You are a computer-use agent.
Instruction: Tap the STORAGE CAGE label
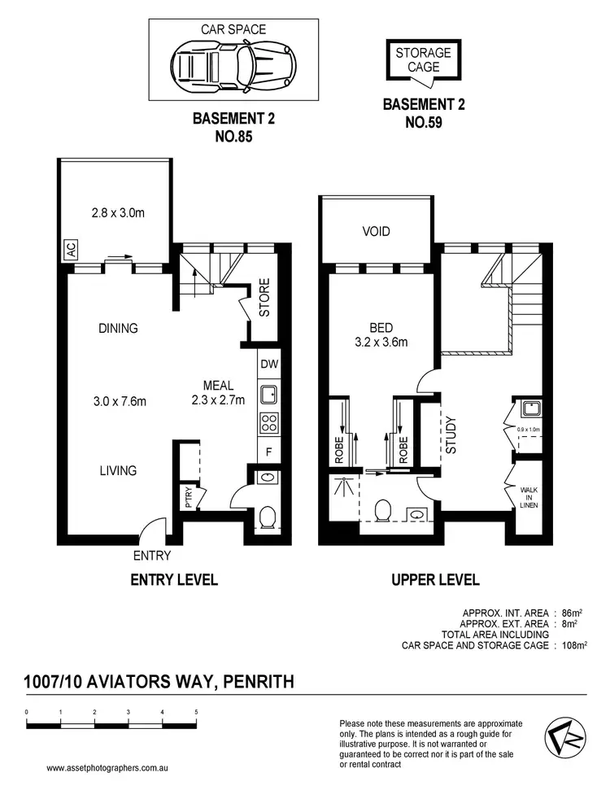423,60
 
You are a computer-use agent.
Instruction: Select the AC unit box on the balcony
71,251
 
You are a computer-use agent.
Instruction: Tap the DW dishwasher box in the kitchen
268,364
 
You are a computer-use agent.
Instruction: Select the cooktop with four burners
268,423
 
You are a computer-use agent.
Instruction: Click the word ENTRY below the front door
152,556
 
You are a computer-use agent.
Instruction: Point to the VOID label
376,231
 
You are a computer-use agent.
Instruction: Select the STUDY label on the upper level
450,434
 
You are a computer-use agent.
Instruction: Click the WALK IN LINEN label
529,496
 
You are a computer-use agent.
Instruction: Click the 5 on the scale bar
196,712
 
